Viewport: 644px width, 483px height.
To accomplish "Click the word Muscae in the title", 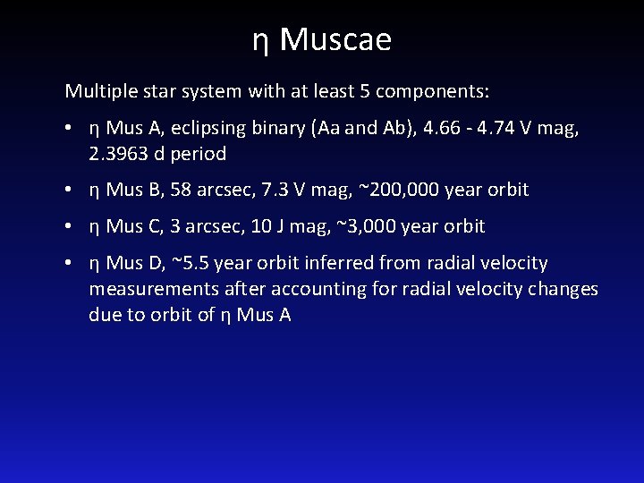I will click(335, 39).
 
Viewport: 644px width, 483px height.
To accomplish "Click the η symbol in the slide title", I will click(260, 41).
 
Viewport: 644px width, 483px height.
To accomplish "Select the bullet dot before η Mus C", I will click(69, 226).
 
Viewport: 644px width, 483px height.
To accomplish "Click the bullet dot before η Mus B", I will click(69, 190).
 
